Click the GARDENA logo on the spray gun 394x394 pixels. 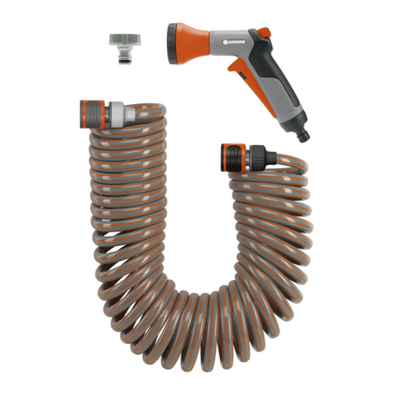[x=234, y=42]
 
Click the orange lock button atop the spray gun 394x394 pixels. [x=264, y=32]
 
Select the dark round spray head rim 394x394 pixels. [x=173, y=43]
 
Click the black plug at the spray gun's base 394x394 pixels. [x=303, y=134]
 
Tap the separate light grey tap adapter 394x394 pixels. [x=125, y=49]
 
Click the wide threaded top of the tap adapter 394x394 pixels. [x=125, y=39]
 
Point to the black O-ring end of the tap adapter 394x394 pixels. [x=124, y=62]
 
